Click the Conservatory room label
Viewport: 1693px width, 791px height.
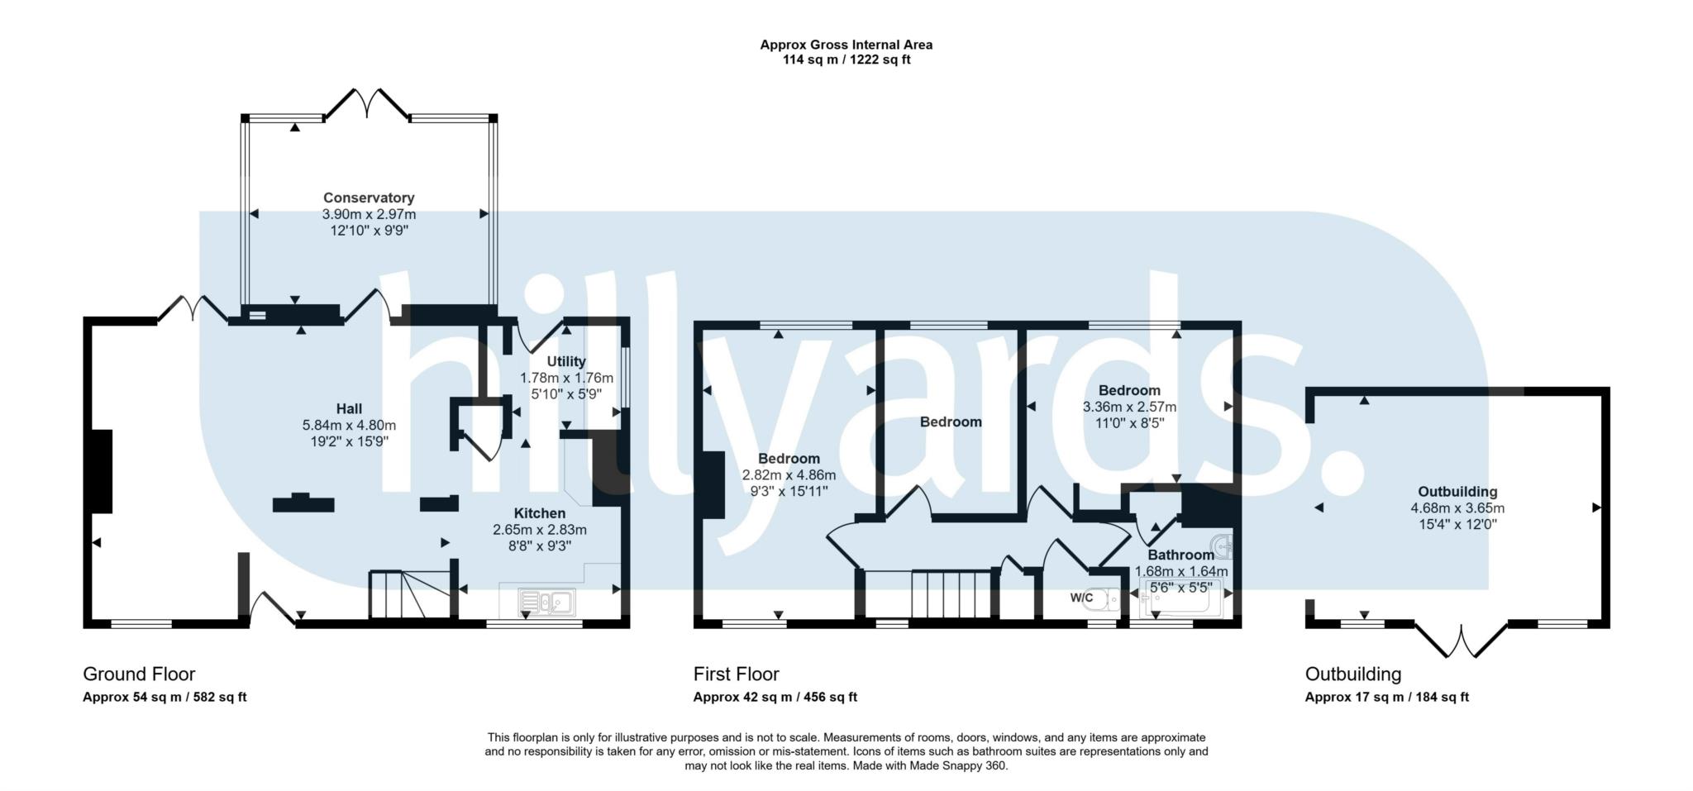(369, 198)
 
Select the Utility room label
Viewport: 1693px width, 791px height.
(566, 361)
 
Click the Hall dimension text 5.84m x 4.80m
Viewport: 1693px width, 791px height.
(349, 426)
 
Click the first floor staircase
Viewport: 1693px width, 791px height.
(951, 593)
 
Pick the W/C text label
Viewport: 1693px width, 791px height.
(1081, 598)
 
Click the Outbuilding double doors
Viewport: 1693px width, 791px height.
(1462, 639)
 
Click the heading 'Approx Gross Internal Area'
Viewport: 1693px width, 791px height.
(846, 45)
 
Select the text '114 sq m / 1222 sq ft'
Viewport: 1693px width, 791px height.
(846, 60)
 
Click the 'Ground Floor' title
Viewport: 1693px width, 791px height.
(139, 674)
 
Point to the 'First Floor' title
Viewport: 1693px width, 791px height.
(737, 674)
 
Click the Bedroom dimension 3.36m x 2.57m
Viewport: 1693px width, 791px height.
(1129, 407)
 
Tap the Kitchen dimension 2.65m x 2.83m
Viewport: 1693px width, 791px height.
(540, 530)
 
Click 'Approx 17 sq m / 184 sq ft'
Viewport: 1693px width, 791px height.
(1386, 697)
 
